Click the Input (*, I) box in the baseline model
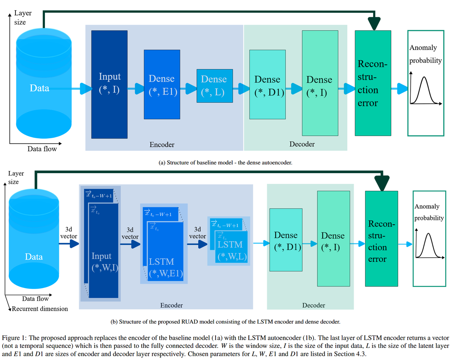click(109, 84)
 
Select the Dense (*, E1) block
click(162, 84)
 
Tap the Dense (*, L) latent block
click(215, 86)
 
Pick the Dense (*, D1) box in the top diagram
click(268, 84)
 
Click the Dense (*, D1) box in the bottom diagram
click(286, 240)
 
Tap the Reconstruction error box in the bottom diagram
click(381, 239)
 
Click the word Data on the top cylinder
click(39, 88)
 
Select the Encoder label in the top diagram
click(162, 145)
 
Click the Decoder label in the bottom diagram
click(314, 305)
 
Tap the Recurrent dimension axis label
click(40, 309)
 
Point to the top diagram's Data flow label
click(42, 149)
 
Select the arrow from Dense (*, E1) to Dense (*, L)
click(188, 89)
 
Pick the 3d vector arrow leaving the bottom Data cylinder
click(69, 243)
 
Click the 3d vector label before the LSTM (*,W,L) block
click(197, 233)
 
